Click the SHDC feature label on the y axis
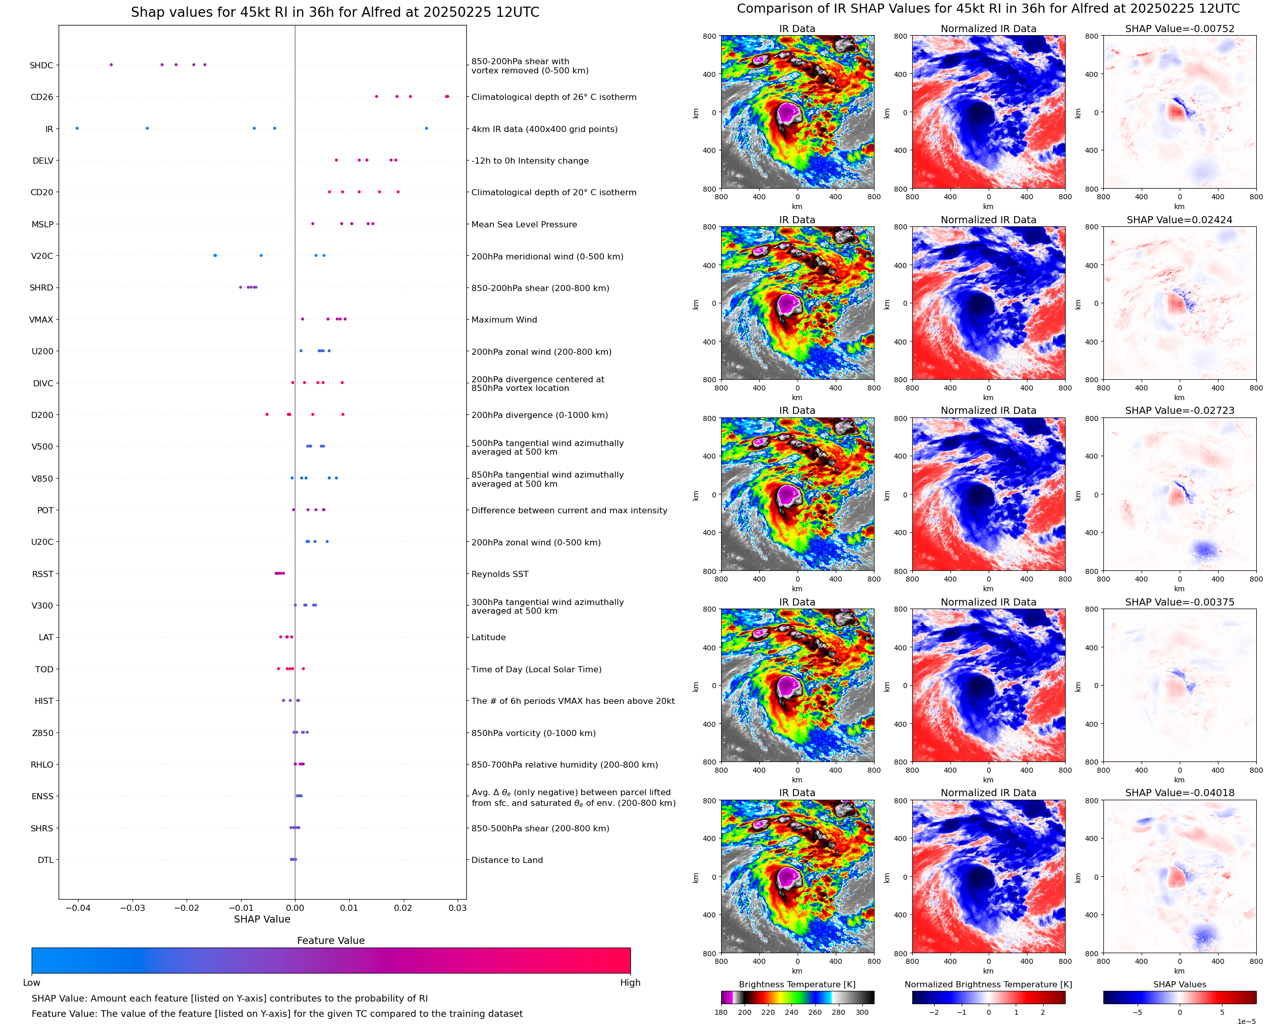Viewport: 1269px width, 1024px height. point(41,65)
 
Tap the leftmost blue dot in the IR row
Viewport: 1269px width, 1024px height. point(76,128)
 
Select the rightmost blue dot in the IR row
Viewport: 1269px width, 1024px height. point(427,128)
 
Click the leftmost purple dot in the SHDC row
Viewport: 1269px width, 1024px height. point(111,65)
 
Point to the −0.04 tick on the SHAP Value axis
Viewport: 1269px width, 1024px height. point(78,908)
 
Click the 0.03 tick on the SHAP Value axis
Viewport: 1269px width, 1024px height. point(458,908)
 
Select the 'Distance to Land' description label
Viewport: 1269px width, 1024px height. point(507,860)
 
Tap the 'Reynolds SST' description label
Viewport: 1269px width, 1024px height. point(499,574)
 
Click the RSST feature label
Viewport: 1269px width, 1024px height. point(42,574)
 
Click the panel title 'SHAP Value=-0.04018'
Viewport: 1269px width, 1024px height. point(1179,793)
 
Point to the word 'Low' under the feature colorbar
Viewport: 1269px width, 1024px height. point(32,983)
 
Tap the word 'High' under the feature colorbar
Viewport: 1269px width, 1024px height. point(630,983)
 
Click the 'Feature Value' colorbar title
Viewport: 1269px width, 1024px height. point(331,941)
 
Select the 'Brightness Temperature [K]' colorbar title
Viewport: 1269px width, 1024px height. point(797,984)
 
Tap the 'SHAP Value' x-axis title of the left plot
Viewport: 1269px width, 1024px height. point(262,919)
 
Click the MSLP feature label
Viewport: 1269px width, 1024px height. point(42,224)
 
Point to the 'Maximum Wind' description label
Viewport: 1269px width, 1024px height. point(504,320)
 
